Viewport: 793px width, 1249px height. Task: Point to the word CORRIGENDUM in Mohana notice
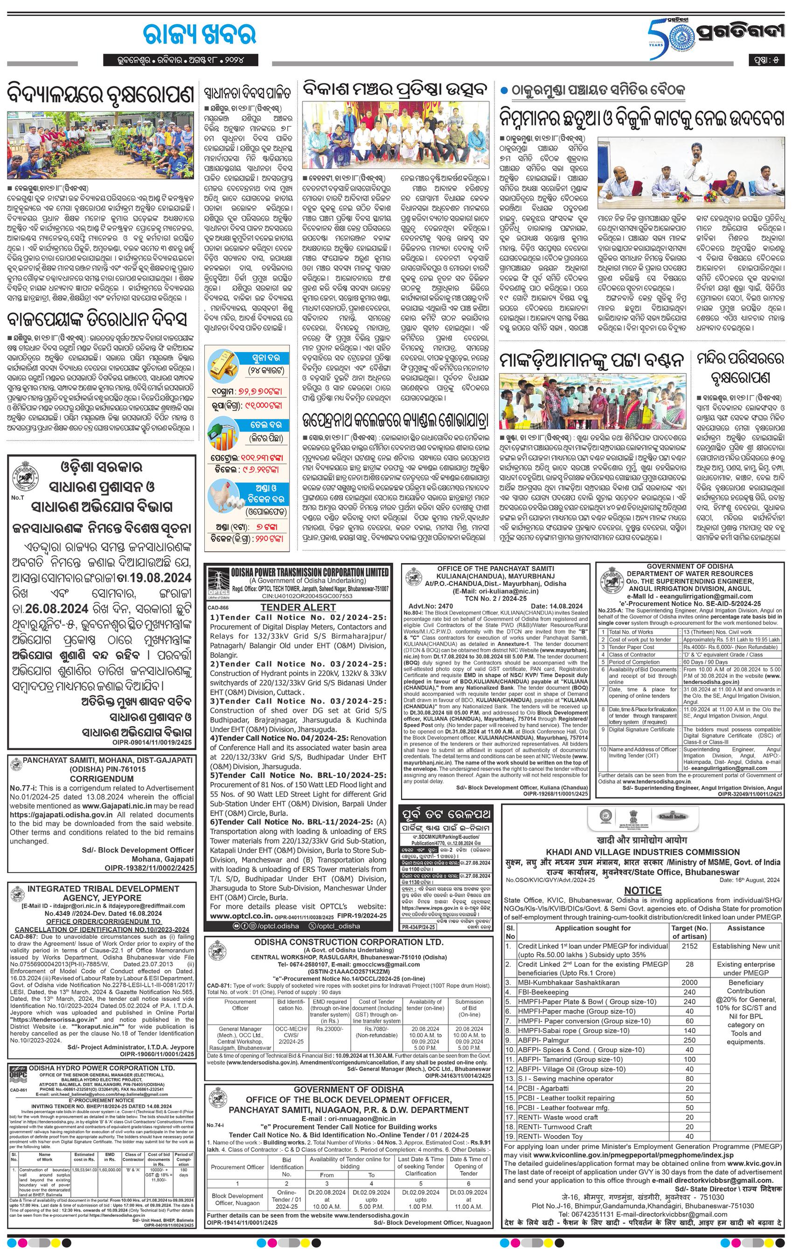[101, 779]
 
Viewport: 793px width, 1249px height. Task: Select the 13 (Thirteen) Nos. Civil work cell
[714, 632]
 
